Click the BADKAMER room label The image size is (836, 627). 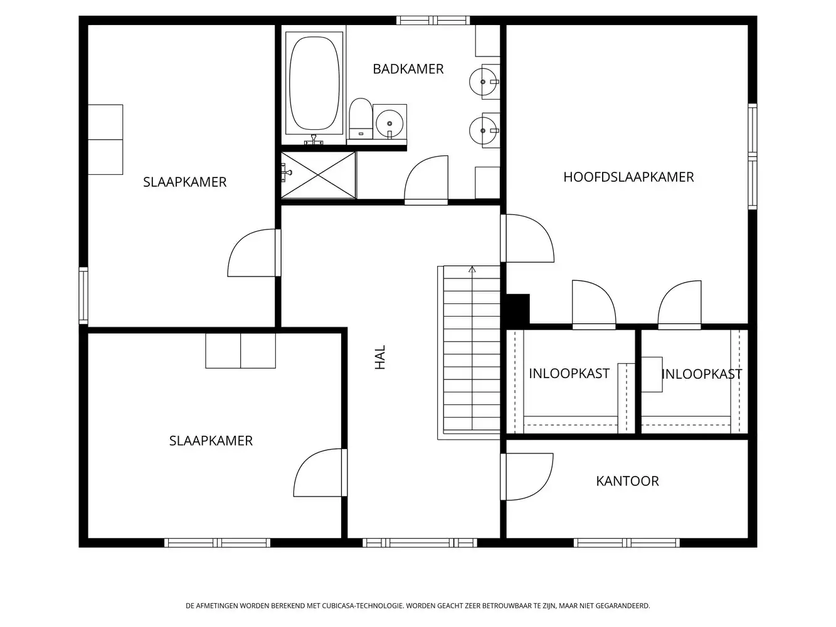pos(408,69)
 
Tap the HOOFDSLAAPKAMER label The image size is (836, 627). pos(628,177)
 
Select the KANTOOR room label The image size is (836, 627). pos(627,481)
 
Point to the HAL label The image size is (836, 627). pos(380,357)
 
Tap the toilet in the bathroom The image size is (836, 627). pos(360,117)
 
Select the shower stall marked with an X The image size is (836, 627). pos(318,175)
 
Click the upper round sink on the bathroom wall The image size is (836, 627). pos(484,82)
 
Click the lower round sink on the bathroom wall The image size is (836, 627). pos(484,130)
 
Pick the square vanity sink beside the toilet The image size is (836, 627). pos(389,122)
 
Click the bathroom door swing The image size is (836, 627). pos(426,182)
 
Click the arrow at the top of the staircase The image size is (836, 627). pos(472,270)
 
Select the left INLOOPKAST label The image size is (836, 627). pos(569,374)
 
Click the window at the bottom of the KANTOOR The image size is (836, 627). pos(627,542)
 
